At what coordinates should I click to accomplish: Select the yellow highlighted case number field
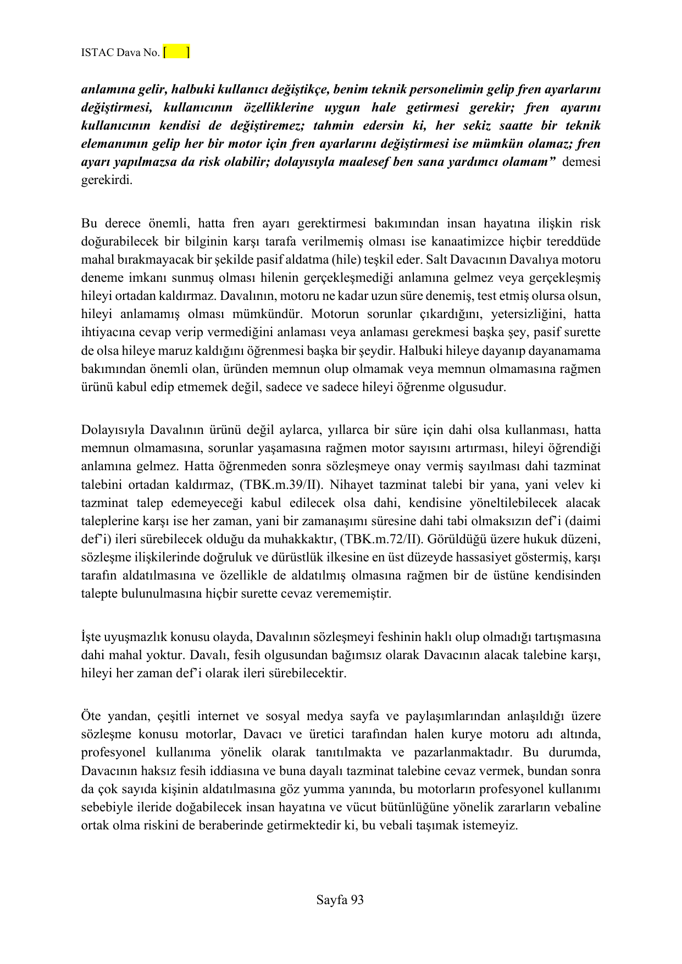(177, 52)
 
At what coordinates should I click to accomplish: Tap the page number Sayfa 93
(340, 900)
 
